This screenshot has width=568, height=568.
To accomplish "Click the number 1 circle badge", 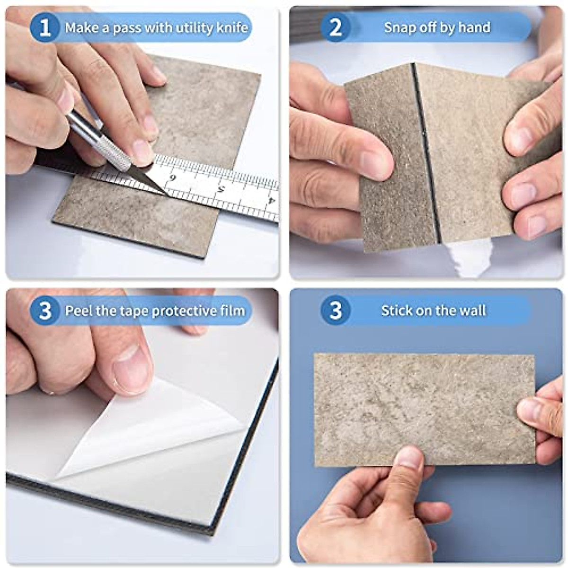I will (45, 27).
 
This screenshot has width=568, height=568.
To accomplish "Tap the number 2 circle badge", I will (335, 27).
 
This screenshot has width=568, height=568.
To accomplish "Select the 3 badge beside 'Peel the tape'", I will (45, 311).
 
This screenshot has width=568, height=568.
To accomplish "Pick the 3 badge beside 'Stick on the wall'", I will (335, 311).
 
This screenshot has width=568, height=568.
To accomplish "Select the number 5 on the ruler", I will (221, 189).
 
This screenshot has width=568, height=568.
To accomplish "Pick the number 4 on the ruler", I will (271, 200).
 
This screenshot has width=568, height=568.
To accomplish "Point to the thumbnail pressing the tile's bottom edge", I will (410, 457).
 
